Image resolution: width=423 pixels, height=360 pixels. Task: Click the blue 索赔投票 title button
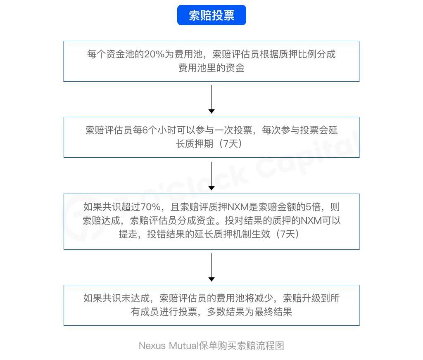pos(211,15)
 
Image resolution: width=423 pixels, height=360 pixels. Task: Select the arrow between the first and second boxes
pos(211,99)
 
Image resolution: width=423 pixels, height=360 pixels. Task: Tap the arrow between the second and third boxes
pos(211,176)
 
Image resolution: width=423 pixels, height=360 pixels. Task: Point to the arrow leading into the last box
pos(211,268)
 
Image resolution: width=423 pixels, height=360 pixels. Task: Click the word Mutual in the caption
pos(183,346)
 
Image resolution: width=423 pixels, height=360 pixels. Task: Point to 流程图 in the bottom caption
pos(271,346)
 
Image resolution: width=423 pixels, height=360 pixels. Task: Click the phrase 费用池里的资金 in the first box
pos(211,68)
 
